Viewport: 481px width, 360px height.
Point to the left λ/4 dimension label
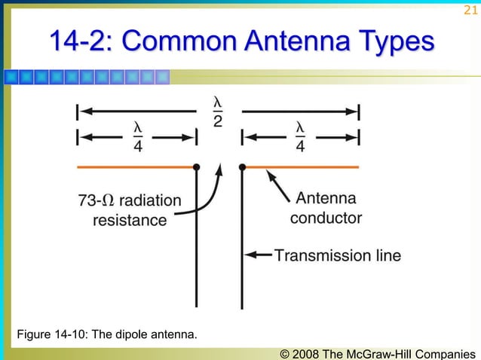(x=137, y=136)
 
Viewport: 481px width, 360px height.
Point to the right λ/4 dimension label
(x=300, y=136)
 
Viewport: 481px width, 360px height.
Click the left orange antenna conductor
(x=136, y=166)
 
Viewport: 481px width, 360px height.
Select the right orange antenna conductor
(x=302, y=166)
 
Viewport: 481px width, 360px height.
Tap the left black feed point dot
(x=196, y=166)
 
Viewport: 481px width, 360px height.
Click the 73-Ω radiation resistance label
(x=130, y=210)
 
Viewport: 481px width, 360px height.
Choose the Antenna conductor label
(x=326, y=209)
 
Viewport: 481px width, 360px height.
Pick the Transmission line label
(x=337, y=255)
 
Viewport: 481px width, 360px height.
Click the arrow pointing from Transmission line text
(x=259, y=255)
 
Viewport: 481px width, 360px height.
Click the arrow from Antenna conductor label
(x=277, y=185)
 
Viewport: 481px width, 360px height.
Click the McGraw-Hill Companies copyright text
(x=377, y=352)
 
